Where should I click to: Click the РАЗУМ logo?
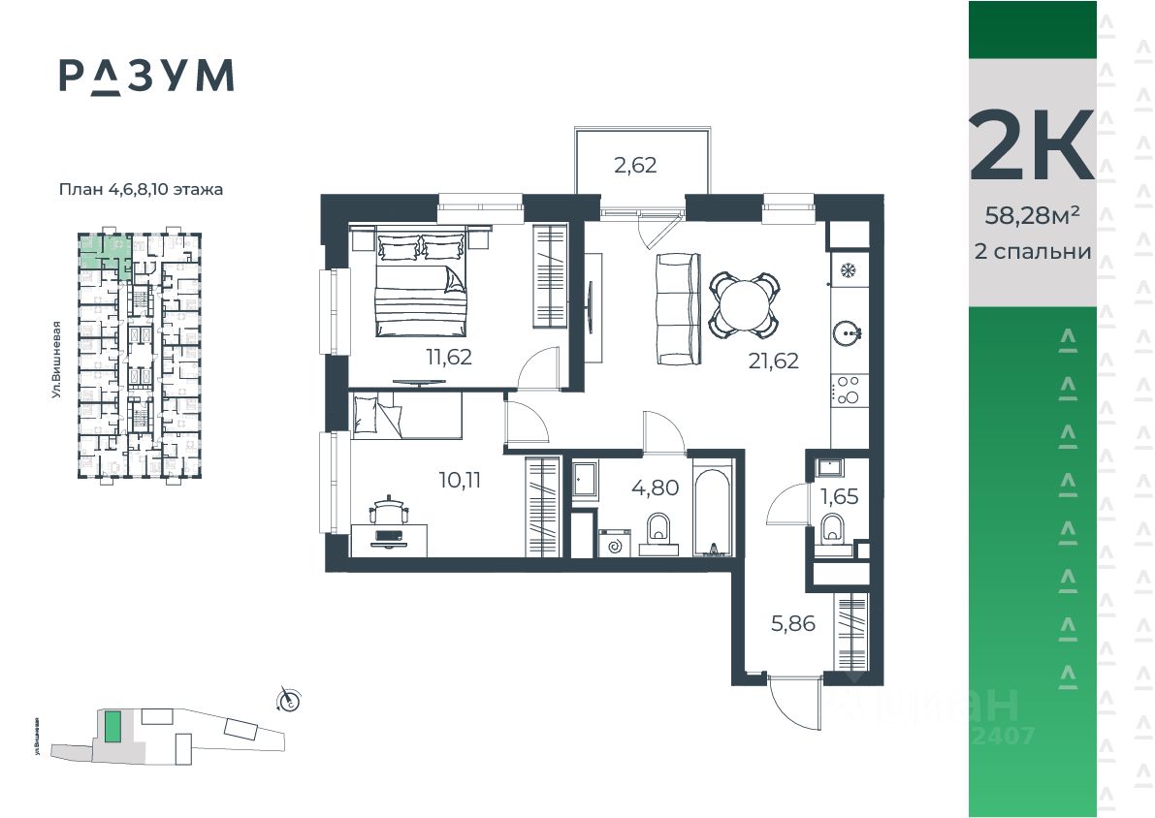click(x=146, y=76)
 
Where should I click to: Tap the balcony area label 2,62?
click(x=635, y=165)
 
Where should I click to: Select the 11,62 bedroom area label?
click(x=448, y=357)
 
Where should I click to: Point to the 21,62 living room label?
click(x=773, y=362)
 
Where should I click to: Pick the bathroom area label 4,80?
click(x=656, y=487)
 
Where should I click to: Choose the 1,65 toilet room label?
click(x=839, y=497)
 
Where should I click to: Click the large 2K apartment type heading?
click(x=1032, y=145)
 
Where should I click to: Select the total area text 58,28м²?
click(x=1032, y=216)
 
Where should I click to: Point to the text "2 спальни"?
click(x=1032, y=252)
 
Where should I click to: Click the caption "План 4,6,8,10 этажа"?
click(x=141, y=190)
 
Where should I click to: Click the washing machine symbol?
click(x=614, y=545)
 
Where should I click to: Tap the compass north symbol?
click(x=288, y=699)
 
